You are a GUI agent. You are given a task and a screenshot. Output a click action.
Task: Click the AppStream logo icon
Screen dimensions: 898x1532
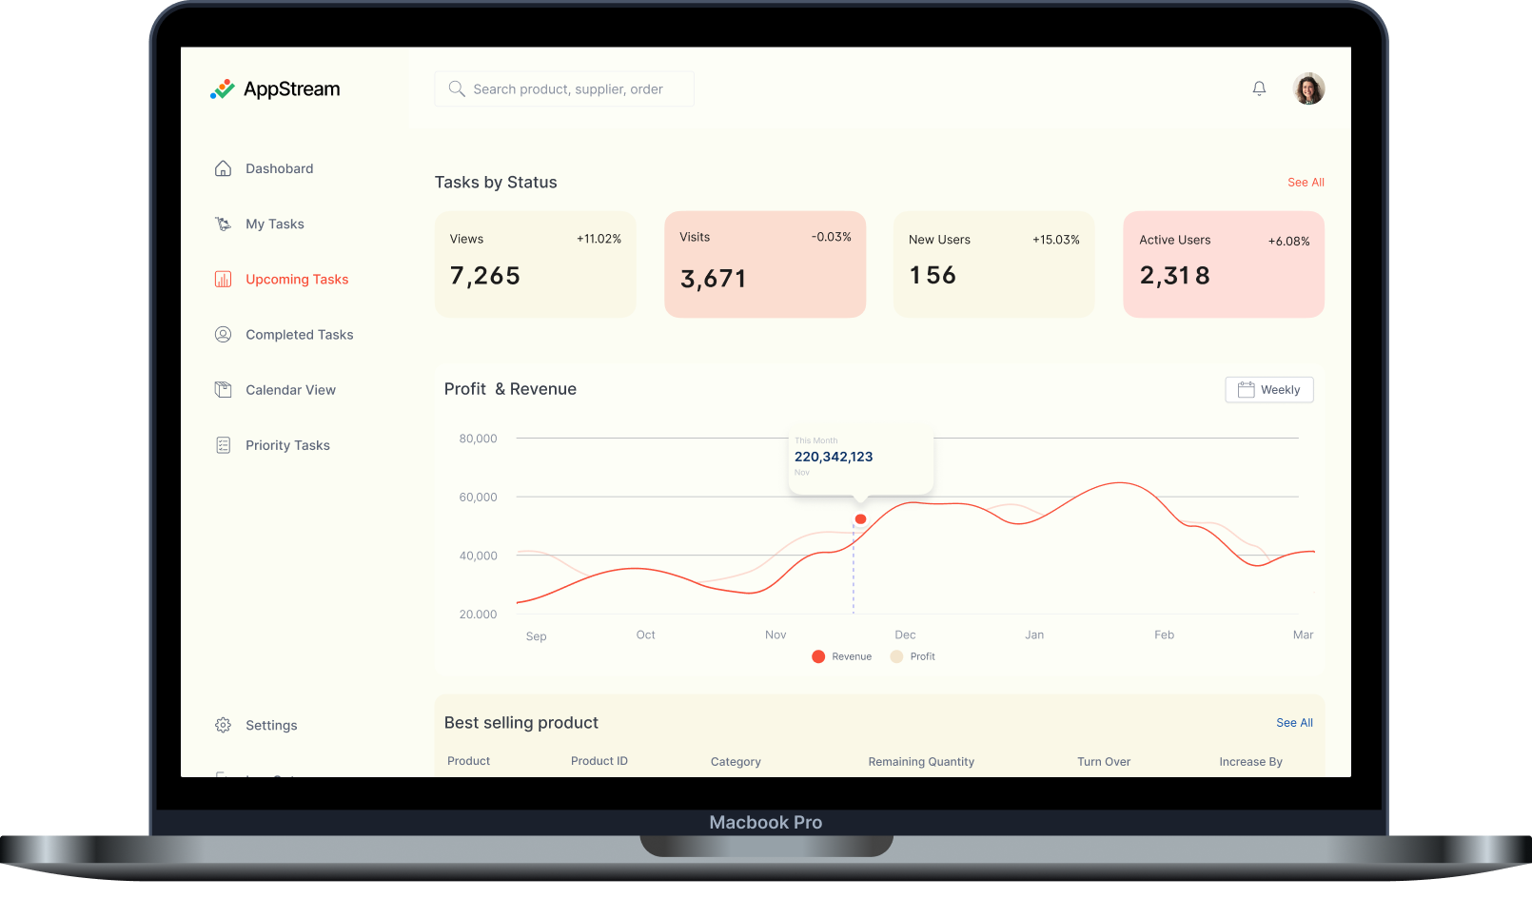tap(222, 89)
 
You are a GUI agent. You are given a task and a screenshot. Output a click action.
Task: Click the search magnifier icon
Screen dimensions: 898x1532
tap(457, 88)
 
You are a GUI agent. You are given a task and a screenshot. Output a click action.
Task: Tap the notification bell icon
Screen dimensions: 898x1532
tap(1259, 88)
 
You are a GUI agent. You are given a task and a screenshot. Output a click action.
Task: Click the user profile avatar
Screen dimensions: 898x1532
tap(1308, 88)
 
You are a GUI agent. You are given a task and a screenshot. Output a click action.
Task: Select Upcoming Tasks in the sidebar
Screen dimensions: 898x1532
tap(296, 280)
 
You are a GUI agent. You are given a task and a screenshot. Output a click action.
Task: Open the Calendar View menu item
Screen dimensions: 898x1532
tap(290, 390)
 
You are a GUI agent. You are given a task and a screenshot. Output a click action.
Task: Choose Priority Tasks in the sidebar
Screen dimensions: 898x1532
tap(287, 445)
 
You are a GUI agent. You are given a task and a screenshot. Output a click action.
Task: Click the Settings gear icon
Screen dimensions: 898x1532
tap(223, 725)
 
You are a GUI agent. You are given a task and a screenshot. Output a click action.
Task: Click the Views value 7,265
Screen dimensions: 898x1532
tap(485, 276)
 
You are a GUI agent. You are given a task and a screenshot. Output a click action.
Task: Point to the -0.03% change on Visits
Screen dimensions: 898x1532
tap(831, 237)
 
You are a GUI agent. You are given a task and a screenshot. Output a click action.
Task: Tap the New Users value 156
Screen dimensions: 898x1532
tap(933, 276)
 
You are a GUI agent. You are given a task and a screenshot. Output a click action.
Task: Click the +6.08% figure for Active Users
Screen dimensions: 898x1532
tap(1288, 242)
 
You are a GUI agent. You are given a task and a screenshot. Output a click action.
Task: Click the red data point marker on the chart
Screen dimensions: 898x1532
tap(860, 518)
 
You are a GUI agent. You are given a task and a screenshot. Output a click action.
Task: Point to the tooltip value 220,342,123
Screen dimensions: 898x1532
tap(834, 457)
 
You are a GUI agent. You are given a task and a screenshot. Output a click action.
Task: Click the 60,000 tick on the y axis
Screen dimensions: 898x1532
tap(478, 498)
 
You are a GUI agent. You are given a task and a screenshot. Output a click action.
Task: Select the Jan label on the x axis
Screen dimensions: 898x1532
tap(1034, 634)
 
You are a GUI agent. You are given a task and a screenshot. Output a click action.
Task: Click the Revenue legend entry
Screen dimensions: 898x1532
tap(842, 656)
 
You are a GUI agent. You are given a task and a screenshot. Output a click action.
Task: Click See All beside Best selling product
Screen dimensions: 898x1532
tap(1294, 723)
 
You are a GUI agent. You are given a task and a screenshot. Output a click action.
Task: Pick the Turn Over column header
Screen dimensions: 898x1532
tap(1104, 762)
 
